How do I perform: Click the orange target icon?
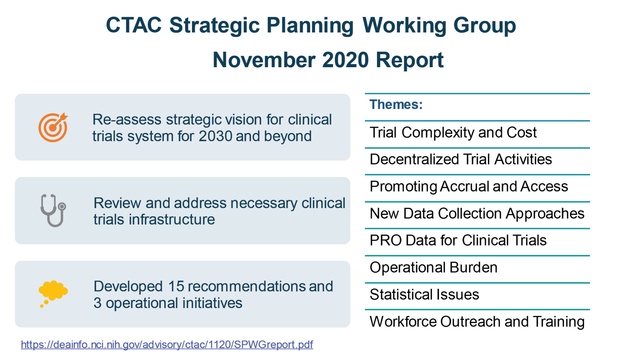point(53,127)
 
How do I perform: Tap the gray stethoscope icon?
point(53,210)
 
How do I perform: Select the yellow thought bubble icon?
point(53,292)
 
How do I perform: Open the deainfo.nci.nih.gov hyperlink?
point(167,344)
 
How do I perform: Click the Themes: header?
point(396,104)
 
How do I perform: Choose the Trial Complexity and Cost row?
point(453,132)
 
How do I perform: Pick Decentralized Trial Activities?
point(461,159)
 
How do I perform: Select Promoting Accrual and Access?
point(468,187)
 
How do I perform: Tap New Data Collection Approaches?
point(477,214)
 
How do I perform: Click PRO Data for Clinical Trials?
point(458,241)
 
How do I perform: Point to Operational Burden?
point(433,267)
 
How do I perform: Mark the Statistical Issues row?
point(424,295)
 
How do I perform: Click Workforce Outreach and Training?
point(477,322)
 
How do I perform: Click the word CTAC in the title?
point(134,25)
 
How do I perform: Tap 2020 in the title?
point(346,60)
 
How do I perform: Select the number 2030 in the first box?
point(215,136)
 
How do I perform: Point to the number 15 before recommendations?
point(176,287)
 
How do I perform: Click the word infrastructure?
point(172,219)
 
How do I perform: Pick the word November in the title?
point(264,60)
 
